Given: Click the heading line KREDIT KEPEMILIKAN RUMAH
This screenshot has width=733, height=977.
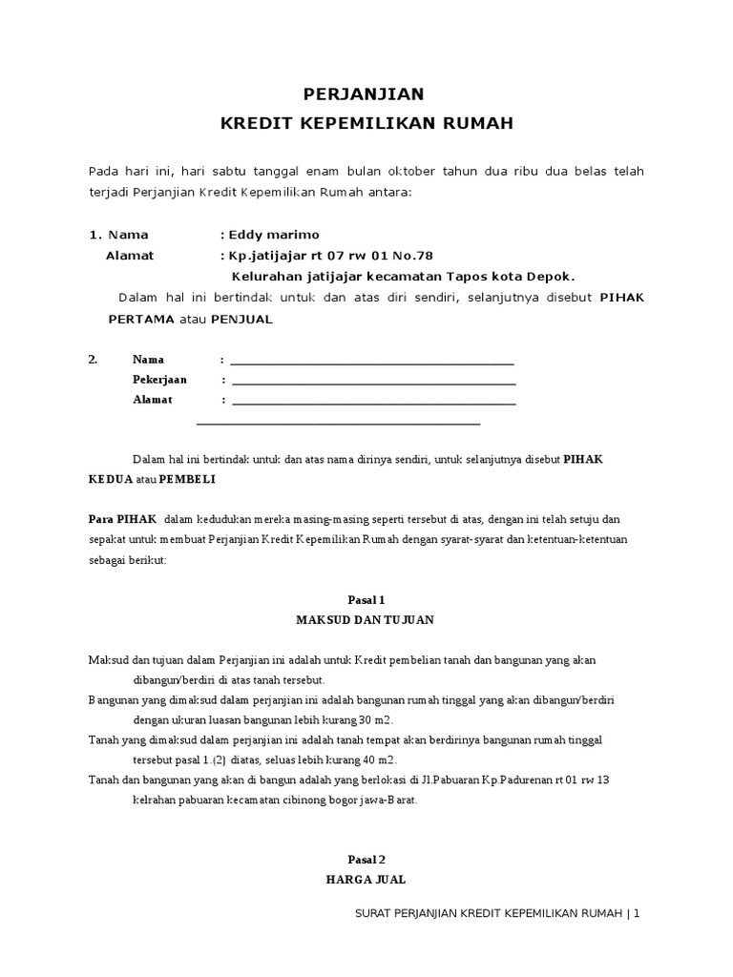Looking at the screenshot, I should coord(366,123).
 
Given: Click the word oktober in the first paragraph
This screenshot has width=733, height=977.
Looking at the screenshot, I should coord(409,171).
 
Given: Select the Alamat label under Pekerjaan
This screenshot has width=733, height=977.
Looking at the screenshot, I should coord(152,400).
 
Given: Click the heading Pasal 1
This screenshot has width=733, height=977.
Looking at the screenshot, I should coord(366,600).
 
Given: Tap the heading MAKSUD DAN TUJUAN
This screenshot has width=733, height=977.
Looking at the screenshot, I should coord(366,620).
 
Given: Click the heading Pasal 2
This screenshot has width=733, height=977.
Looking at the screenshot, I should coord(366,859).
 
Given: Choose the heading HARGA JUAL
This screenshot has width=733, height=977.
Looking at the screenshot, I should coord(366,879).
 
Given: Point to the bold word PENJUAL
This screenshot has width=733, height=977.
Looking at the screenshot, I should coord(241,319).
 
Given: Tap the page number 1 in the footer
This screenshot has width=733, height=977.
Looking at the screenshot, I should coord(636,913).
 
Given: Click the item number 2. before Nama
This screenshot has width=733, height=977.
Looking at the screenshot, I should coord(94,360).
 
